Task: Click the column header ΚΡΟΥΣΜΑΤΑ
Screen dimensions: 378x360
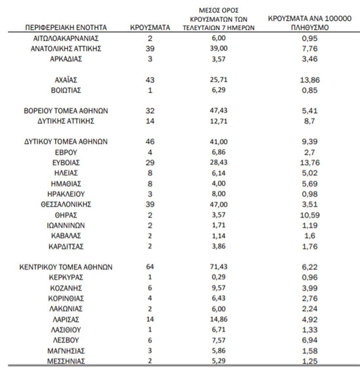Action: point(150,28)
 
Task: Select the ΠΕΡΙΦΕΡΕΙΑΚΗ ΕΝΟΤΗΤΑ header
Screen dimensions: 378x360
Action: point(66,28)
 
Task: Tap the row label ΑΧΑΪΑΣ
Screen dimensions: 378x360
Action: point(66,80)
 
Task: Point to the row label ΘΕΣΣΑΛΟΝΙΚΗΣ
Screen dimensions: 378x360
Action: point(66,205)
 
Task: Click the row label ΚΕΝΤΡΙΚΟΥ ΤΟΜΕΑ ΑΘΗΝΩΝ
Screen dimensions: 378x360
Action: point(66,267)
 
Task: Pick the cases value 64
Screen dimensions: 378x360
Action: point(150,267)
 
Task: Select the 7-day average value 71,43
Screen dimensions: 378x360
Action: point(218,267)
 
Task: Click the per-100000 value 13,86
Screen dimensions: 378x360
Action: point(310,80)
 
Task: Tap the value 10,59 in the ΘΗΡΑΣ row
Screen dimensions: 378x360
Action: point(310,215)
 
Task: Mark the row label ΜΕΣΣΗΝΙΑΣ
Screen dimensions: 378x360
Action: point(66,361)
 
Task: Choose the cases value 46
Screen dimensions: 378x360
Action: point(150,142)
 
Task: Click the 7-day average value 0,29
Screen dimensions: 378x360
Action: point(218,277)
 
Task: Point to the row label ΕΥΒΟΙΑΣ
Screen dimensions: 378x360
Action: point(66,163)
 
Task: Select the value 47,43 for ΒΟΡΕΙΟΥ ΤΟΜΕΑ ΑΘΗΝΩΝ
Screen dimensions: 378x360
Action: point(218,111)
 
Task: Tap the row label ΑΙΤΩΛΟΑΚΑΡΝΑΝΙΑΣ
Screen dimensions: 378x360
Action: point(66,38)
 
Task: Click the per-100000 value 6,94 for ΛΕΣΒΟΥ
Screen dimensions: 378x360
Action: point(310,340)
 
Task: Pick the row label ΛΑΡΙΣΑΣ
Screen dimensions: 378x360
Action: point(66,319)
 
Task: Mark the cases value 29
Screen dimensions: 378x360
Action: point(150,163)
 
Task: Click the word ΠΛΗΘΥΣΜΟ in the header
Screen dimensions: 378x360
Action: point(310,28)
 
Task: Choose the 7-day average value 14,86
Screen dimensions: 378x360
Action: point(218,319)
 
